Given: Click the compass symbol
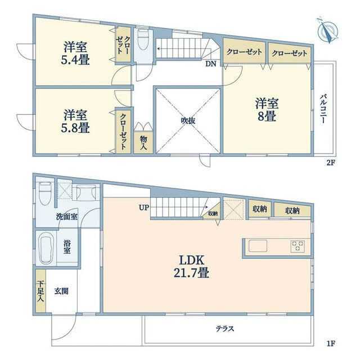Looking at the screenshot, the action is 328,30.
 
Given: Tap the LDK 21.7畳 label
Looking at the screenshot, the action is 191,267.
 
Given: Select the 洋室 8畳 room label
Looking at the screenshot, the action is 267,110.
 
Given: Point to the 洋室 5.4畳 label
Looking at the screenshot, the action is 75,53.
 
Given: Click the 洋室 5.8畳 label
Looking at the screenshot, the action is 75,121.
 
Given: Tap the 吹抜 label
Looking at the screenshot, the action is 188,120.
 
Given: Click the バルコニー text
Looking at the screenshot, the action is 323,109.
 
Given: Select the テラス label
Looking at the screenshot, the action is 225,328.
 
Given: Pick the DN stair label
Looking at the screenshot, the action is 210,64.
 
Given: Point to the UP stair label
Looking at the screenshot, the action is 144,208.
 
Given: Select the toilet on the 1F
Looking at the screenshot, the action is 45,193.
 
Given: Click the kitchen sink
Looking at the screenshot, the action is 258,246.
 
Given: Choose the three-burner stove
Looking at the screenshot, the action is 298,246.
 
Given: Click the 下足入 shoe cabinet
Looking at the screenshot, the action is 41,290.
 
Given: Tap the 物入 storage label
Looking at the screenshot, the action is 143,142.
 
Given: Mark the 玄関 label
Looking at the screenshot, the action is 61,291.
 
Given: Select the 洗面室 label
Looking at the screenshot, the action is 66,217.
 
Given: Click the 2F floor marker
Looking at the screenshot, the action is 331,163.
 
